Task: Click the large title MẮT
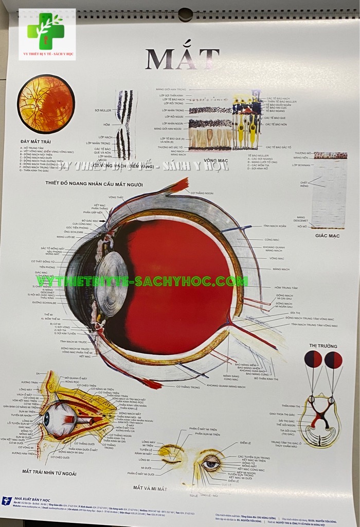pos(182,59)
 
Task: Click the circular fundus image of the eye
pos(46,104)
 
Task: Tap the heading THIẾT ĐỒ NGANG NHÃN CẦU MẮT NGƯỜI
pos(94,183)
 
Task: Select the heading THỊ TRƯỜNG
pos(323,346)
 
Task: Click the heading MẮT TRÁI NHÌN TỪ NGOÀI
pos(49,471)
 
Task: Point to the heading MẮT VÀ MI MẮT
pos(150,488)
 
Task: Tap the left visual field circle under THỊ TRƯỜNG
pos(313,360)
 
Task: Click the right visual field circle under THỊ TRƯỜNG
pos(333,360)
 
